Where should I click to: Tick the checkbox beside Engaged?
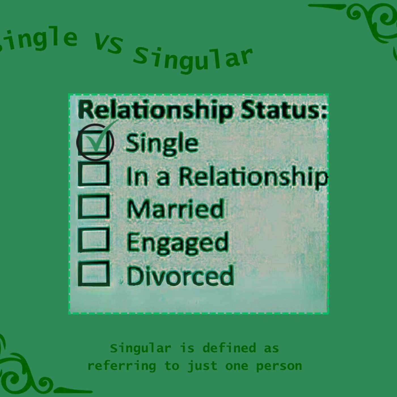[94, 240]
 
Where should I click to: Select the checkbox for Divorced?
[94, 274]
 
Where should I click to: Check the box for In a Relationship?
[94, 174]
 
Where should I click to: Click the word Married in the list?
[176, 208]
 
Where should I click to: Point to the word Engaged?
[178, 242]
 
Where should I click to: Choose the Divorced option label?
[180, 275]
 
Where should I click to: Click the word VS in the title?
[109, 44]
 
